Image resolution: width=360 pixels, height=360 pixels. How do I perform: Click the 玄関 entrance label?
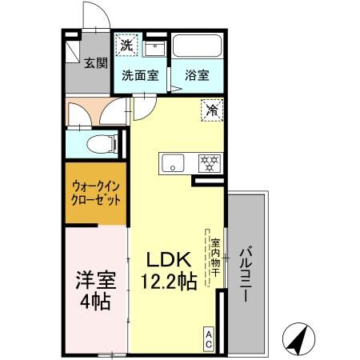click(98, 63)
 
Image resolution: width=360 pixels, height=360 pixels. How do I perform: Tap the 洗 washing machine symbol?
click(126, 46)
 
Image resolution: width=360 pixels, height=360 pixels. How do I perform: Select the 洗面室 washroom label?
click(140, 76)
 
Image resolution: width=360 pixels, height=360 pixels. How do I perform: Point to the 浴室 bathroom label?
click(197, 76)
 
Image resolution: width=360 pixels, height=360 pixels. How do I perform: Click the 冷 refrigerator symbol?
click(212, 110)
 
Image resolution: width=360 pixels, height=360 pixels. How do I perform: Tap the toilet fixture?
click(98, 145)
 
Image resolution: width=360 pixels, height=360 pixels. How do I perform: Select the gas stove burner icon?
click(210, 163)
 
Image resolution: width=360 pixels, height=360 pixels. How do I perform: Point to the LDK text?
click(167, 261)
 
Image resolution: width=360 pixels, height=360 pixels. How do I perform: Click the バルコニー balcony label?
click(248, 273)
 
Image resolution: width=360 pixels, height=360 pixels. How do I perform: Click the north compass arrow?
click(298, 340)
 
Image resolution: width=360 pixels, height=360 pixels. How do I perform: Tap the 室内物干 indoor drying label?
click(214, 254)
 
